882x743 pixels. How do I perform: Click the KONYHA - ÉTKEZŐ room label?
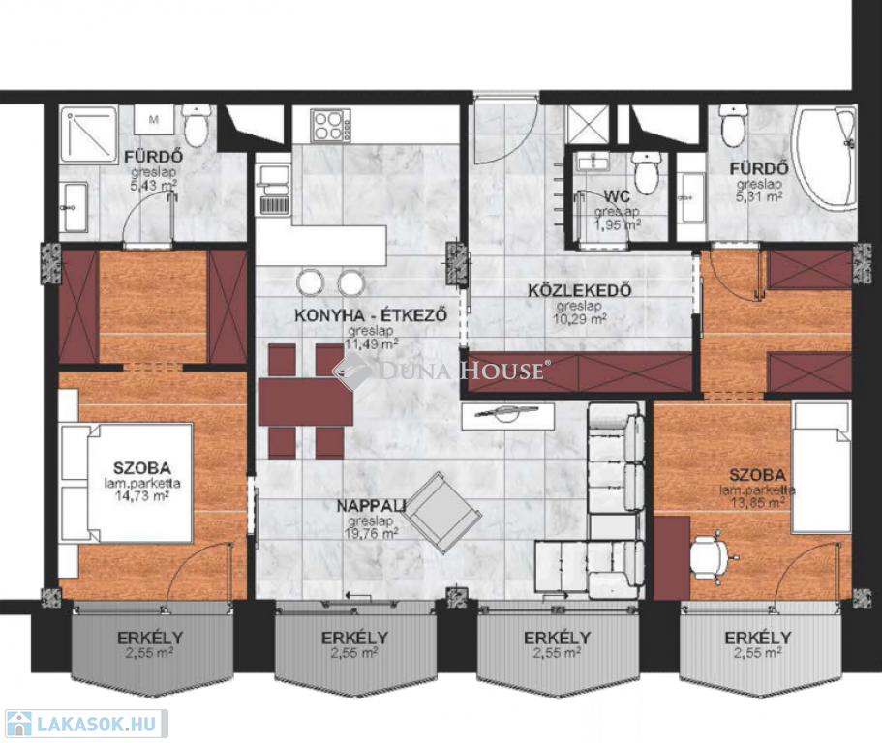[x=371, y=314]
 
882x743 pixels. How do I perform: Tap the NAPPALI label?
[x=371, y=506]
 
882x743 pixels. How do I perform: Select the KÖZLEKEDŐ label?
[x=579, y=290]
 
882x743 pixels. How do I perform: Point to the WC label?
[x=617, y=196]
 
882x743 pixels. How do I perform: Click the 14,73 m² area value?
[x=141, y=495]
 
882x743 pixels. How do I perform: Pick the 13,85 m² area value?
[x=757, y=502]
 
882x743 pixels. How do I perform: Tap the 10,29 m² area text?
[x=581, y=319]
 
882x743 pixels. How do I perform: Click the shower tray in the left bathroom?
[x=88, y=134]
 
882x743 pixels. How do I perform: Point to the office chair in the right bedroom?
[x=711, y=556]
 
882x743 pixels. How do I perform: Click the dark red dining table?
[x=305, y=401]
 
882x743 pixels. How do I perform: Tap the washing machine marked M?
[x=154, y=119]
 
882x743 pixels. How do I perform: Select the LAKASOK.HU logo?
[x=85, y=723]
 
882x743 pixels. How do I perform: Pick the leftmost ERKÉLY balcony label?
[x=150, y=638]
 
